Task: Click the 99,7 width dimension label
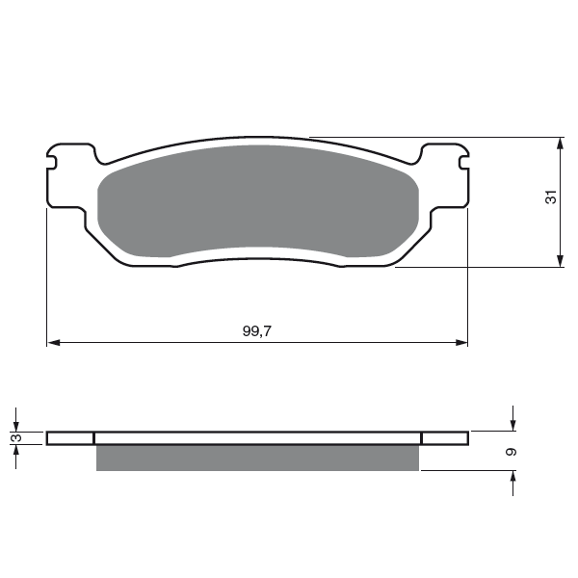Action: [256, 331]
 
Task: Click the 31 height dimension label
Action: [551, 197]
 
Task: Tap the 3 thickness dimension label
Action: [17, 438]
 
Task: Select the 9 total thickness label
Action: [512, 452]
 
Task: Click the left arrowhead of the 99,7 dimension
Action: [54, 343]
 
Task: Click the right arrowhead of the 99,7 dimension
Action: [461, 343]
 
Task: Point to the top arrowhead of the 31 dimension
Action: [561, 144]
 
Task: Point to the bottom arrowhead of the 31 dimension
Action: [561, 261]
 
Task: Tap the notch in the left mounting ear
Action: [52, 162]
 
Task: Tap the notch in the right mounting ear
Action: [463, 162]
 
